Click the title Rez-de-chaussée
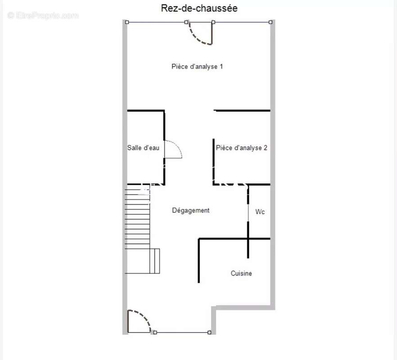[x=199, y=9]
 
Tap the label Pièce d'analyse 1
[x=197, y=67]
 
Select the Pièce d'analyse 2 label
[x=242, y=148]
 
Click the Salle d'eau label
[x=143, y=148]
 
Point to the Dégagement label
[x=191, y=211]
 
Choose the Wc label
[x=260, y=211]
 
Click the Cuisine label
[x=241, y=274]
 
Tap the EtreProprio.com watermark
[x=43, y=16]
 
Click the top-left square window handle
[x=127, y=22]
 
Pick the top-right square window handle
[x=271, y=22]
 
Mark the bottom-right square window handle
[x=209, y=333]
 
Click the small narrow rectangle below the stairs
[x=155, y=261]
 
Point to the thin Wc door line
[x=248, y=213]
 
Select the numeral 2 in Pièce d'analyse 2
[x=266, y=148]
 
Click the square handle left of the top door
[x=186, y=22]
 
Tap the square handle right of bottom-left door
[x=155, y=333]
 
